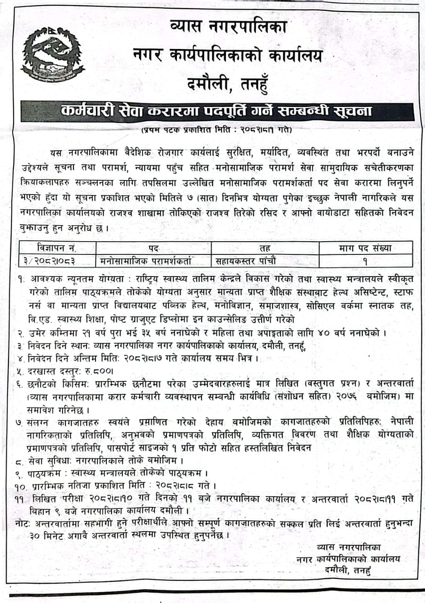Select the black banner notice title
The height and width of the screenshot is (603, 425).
(x=216, y=111)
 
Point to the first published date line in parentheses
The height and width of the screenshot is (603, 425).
(x=216, y=130)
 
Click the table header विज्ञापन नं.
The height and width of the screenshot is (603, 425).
(x=57, y=248)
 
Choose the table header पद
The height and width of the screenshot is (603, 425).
(x=153, y=248)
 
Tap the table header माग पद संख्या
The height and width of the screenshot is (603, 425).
(x=365, y=248)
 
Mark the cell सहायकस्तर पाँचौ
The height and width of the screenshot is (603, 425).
(x=247, y=260)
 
